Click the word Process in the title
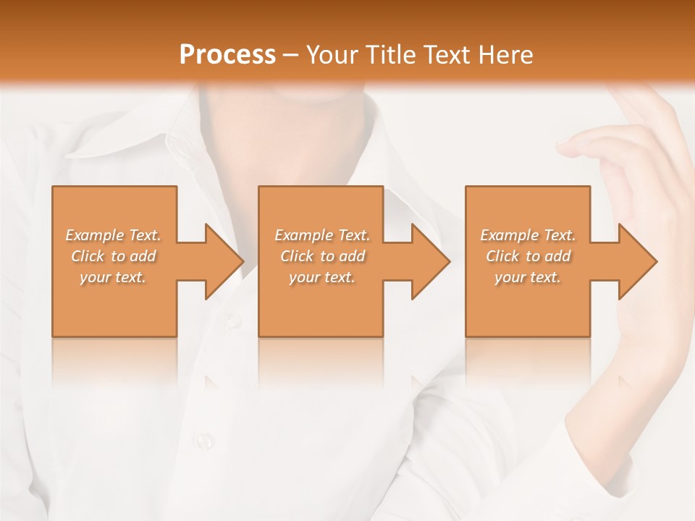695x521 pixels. [x=227, y=54]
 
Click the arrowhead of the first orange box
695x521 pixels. [x=221, y=261]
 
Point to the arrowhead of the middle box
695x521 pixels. [x=427, y=261]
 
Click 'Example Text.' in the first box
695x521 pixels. [x=113, y=235]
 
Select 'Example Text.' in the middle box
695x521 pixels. [x=322, y=235]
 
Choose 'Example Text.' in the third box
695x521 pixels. [x=528, y=235]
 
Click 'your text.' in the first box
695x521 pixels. [x=113, y=277]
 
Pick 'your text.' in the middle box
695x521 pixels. [x=322, y=277]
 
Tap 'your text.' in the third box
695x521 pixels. [x=528, y=277]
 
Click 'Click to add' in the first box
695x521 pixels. [x=113, y=256]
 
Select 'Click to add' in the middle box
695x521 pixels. [x=322, y=256]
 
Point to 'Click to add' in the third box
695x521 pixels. [x=528, y=256]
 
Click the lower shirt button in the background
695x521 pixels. [x=206, y=439]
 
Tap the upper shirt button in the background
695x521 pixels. [x=232, y=319]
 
